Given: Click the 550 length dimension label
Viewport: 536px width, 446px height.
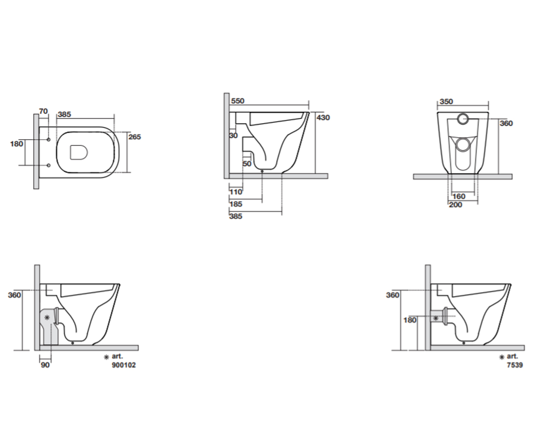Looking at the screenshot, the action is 238,101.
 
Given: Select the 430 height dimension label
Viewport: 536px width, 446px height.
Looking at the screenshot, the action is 323,118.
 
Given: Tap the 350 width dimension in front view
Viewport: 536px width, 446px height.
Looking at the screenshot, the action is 446,102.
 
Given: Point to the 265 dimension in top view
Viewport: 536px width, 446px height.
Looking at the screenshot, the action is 134,137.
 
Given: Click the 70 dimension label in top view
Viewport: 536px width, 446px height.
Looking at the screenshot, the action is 43,111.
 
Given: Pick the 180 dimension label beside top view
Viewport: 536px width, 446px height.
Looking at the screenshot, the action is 17,144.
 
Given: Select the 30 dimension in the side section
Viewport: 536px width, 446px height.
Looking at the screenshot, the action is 233,135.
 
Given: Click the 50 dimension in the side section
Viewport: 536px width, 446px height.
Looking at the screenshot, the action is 247,164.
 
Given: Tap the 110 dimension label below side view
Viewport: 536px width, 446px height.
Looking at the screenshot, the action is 236,192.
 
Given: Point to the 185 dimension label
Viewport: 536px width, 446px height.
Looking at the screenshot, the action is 236,204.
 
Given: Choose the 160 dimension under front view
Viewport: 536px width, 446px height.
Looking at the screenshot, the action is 459,196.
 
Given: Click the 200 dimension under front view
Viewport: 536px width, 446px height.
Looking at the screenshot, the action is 456,205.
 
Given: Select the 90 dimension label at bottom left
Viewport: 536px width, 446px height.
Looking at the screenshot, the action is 45,365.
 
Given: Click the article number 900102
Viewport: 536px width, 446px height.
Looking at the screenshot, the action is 124,365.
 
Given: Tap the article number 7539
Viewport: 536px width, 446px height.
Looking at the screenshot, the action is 515,365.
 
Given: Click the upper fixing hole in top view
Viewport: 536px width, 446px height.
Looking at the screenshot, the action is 49,140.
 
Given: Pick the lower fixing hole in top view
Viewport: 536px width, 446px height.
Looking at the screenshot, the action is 49,165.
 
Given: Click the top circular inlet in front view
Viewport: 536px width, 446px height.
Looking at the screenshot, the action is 463,119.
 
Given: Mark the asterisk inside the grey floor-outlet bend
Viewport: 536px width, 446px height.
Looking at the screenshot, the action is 47,318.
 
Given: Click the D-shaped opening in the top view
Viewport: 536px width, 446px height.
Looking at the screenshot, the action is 79,153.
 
